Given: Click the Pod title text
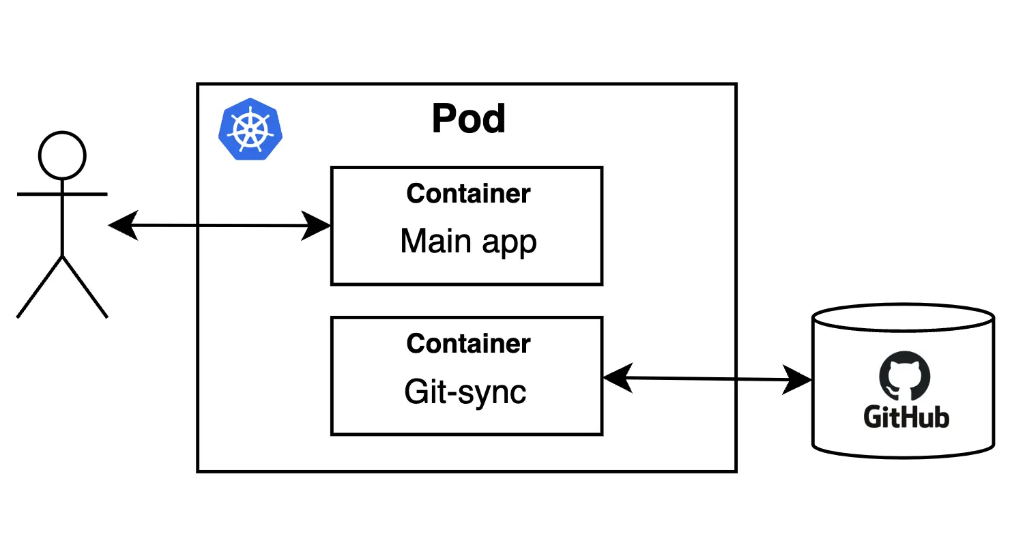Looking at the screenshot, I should pyautogui.click(x=469, y=119).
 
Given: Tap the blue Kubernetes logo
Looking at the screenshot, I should pyautogui.click(x=250, y=130).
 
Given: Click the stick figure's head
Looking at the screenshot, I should pyautogui.click(x=62, y=156).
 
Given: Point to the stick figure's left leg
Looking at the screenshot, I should pyautogui.click(x=40, y=287).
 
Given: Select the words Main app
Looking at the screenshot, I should pyautogui.click(x=468, y=241).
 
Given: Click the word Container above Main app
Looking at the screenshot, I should pyautogui.click(x=468, y=194).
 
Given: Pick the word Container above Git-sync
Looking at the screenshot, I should pyautogui.click(x=468, y=344).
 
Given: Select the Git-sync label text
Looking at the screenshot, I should pyautogui.click(x=465, y=392).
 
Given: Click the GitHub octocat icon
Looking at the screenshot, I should pyautogui.click(x=904, y=375).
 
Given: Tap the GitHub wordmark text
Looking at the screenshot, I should pyautogui.click(x=906, y=417).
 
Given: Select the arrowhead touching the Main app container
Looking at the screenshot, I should pyautogui.click(x=316, y=226).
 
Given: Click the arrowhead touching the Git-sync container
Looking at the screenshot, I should pyautogui.click(x=618, y=378).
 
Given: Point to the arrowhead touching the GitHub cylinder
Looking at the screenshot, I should pyautogui.click(x=796, y=379).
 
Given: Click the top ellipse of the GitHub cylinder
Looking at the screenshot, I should pyautogui.click(x=903, y=318).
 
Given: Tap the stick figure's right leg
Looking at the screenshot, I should pyautogui.click(x=85, y=287).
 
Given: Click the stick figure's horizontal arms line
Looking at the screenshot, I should pyautogui.click(x=62, y=194).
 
